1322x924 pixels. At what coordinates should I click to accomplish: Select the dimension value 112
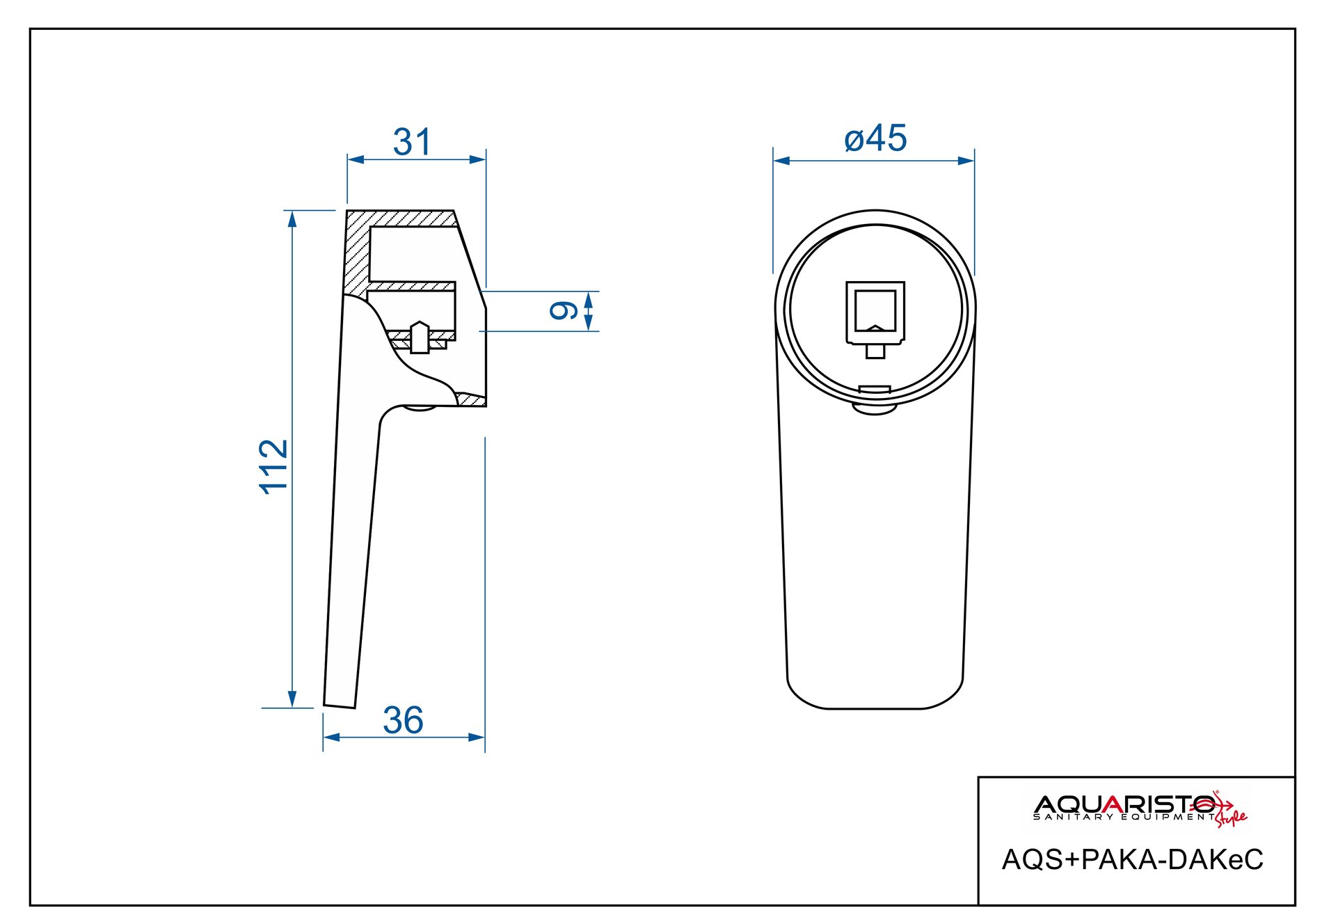coord(273,466)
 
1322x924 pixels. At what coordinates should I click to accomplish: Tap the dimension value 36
coord(403,720)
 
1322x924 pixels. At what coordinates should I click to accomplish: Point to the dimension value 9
coord(564,310)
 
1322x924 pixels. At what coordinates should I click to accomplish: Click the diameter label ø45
coord(875,138)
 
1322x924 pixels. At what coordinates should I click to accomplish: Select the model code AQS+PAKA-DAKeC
coord(1132,860)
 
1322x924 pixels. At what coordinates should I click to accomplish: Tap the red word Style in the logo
coord(1232,817)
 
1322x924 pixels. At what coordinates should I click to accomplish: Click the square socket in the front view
coord(875,312)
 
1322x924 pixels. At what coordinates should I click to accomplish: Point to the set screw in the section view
coord(420,337)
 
